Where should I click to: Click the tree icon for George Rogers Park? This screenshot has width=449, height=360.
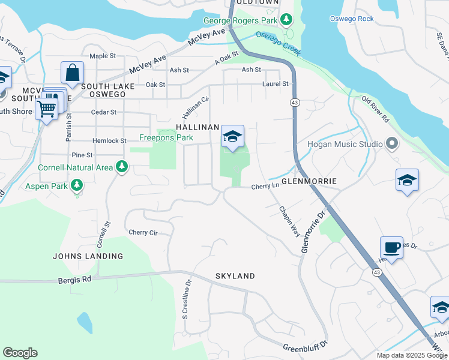[x=287, y=20]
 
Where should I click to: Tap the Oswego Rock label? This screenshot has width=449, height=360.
[x=351, y=19]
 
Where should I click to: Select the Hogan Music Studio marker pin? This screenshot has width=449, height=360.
[x=392, y=143]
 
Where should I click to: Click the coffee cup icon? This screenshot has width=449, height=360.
[x=391, y=248]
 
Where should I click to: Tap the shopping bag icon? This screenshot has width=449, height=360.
[x=72, y=73]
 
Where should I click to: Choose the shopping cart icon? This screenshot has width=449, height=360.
[x=46, y=109]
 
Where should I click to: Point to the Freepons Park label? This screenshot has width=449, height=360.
[x=166, y=137]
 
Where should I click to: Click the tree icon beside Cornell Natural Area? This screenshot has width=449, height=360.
[x=122, y=166]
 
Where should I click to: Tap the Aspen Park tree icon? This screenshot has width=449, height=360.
[x=76, y=185]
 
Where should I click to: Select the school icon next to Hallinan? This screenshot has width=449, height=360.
[x=232, y=137]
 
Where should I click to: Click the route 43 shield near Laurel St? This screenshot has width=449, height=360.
[x=294, y=103]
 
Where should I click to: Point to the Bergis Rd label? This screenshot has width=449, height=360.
[x=74, y=279]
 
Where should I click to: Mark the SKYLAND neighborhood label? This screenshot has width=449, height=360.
[x=235, y=276]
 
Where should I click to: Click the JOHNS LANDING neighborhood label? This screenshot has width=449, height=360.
[x=88, y=256]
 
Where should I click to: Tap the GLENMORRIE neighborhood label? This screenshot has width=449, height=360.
[x=308, y=181]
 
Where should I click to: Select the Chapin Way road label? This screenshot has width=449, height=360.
[x=289, y=221]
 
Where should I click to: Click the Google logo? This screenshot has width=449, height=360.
[x=20, y=353]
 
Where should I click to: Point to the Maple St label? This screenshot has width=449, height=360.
[x=103, y=56]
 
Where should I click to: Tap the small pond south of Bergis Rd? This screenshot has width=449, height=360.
[x=85, y=323]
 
